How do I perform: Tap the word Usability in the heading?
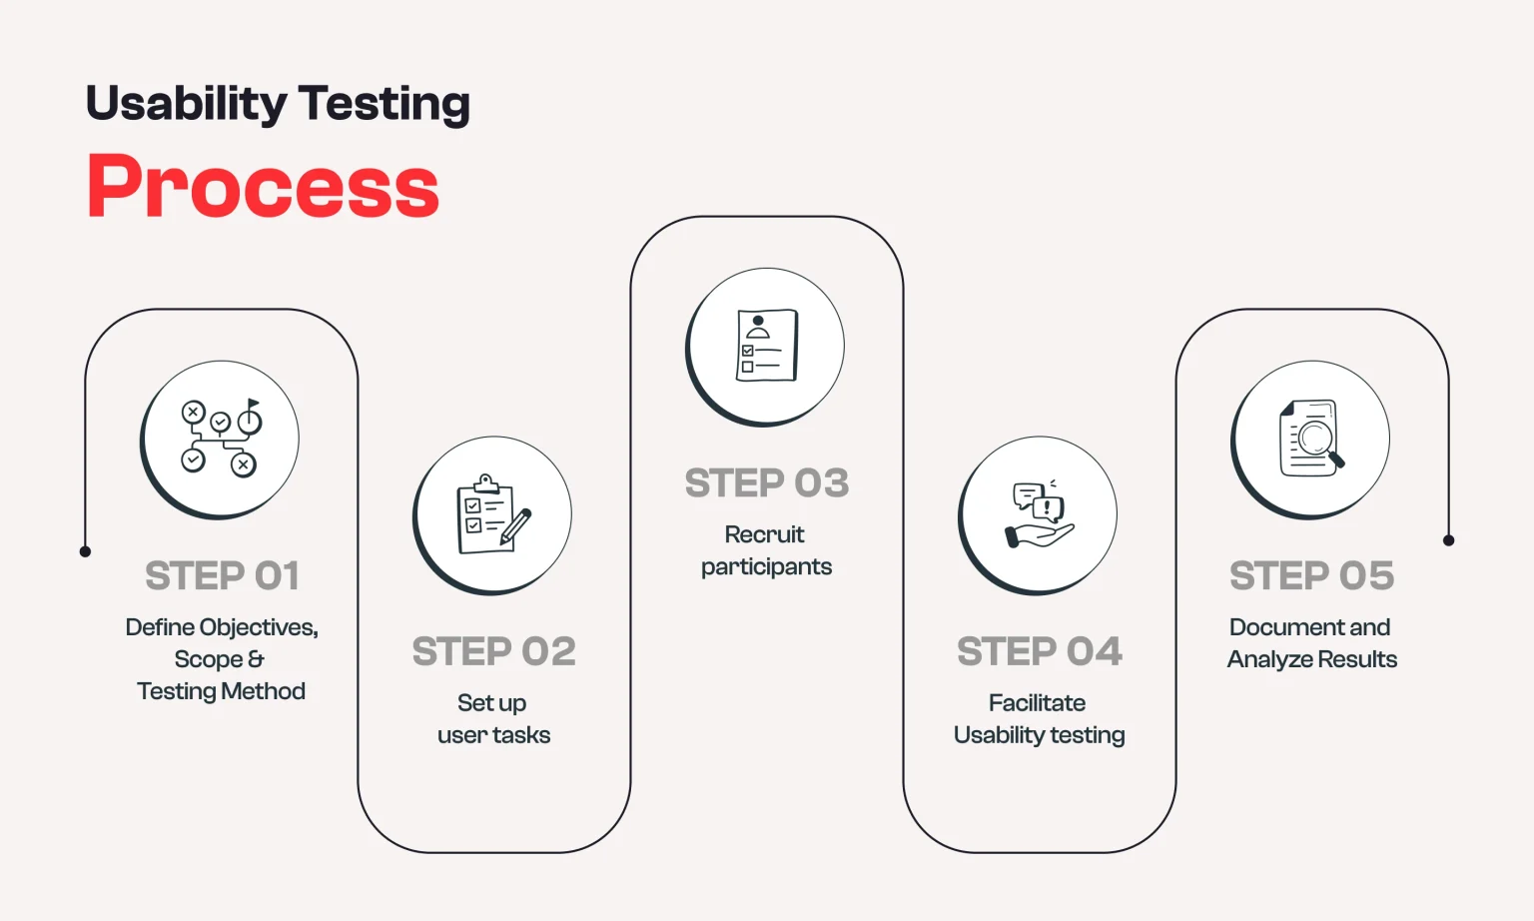[186, 103]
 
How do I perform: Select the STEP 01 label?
[222, 575]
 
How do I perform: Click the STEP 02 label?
[493, 651]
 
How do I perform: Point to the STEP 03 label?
[766, 483]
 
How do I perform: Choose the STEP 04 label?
[1039, 651]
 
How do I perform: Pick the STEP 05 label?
[1311, 575]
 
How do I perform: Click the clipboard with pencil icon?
[492, 515]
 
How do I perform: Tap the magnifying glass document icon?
[1310, 440]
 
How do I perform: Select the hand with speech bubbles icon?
[1039, 515]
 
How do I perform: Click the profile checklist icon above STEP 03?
[766, 346]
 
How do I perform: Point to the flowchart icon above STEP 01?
[220, 440]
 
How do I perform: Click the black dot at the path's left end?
[85, 551]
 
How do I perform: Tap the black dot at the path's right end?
[1448, 540]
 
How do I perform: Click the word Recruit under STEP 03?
[764, 534]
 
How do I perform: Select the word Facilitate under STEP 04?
[1037, 703]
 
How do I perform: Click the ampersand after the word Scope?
[256, 659]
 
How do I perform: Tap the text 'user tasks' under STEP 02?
[493, 735]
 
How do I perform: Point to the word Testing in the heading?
[383, 103]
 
